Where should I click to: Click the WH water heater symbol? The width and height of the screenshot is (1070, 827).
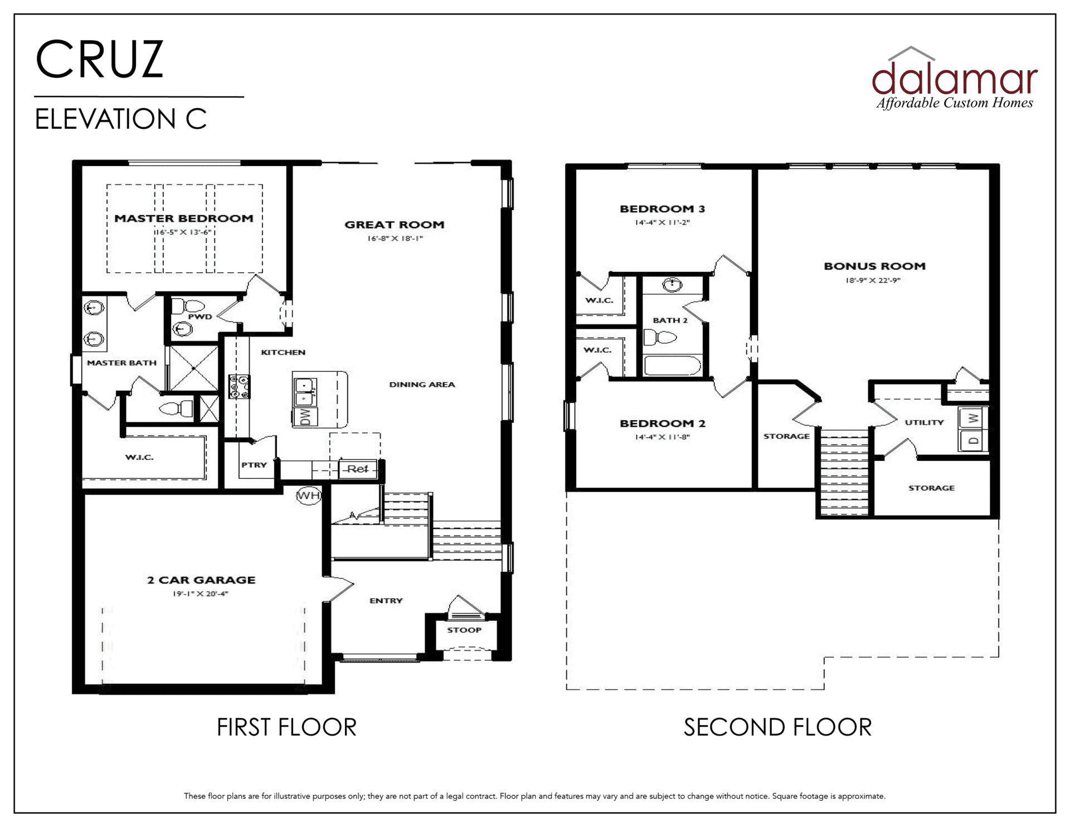[308, 495]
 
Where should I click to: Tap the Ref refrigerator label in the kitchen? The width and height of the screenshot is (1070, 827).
[358, 469]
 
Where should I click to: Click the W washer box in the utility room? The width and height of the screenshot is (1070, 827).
[973, 418]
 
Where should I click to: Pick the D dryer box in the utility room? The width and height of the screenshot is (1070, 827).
[973, 440]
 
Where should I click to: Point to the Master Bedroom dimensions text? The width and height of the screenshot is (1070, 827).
[184, 232]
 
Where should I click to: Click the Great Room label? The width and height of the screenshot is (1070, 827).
[395, 225]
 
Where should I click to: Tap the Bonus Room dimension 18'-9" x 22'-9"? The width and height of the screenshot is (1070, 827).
[873, 280]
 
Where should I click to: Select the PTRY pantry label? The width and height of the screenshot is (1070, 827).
[254, 465]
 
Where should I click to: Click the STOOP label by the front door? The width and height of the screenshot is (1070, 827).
[464, 630]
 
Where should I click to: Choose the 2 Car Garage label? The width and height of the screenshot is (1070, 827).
[201, 580]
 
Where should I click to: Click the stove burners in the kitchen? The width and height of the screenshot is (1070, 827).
[240, 386]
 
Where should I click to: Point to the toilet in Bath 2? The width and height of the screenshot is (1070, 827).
[660, 337]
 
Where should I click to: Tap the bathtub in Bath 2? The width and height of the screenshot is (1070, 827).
[672, 366]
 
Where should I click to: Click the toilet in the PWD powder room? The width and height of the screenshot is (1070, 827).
[188, 306]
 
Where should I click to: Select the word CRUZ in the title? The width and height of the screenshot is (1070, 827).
[100, 59]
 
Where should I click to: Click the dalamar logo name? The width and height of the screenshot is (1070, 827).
[955, 78]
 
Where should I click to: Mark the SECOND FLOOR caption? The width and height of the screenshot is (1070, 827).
[777, 727]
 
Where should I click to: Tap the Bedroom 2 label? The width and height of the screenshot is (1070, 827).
[663, 424]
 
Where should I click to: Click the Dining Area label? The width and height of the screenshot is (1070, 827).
[422, 385]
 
